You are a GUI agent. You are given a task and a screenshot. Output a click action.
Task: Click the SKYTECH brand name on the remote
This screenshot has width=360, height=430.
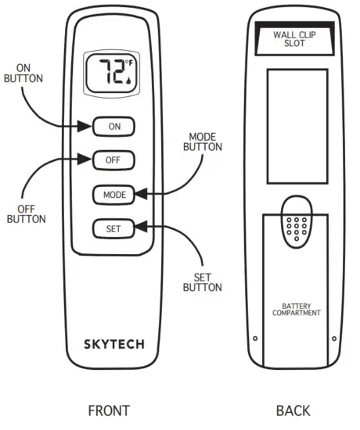(x=114, y=342)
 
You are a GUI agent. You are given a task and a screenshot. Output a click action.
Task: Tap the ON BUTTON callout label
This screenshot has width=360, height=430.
(x=23, y=74)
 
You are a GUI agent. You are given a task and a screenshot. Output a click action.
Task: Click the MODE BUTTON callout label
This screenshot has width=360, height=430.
(x=203, y=142)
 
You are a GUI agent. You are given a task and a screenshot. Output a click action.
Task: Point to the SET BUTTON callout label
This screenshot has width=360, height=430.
(x=202, y=282)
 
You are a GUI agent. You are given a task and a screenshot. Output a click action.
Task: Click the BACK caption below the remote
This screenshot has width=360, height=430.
(x=293, y=410)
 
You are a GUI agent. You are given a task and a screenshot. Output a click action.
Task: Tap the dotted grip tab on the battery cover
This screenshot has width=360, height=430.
(x=295, y=227)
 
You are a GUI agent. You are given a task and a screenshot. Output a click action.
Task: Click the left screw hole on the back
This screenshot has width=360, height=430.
(x=256, y=339)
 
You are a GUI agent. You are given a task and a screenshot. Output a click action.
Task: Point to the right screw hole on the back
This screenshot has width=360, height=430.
(x=334, y=339)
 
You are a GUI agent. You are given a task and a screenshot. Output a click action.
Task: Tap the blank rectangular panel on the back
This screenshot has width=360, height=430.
(x=295, y=125)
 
